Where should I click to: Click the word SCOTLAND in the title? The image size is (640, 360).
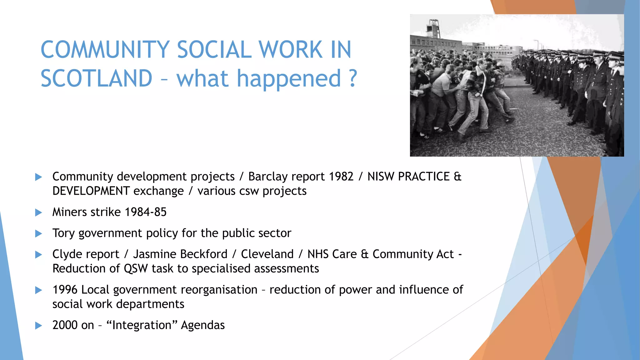(x=96, y=78)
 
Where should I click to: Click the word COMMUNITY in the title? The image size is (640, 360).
(x=105, y=50)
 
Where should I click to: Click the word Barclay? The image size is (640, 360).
(x=269, y=177)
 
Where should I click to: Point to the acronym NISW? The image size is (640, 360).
(x=381, y=177)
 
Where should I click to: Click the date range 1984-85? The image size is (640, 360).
(x=146, y=212)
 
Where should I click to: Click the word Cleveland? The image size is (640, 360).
(x=267, y=254)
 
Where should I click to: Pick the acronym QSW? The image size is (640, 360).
(x=136, y=269)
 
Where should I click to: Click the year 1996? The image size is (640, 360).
(x=65, y=290)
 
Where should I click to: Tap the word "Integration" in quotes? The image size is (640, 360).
(x=142, y=325)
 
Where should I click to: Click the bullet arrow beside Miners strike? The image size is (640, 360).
(x=38, y=213)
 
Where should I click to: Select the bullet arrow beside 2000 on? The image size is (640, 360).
(x=38, y=326)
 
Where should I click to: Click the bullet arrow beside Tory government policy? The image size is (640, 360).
(x=38, y=234)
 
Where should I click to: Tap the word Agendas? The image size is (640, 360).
(x=203, y=325)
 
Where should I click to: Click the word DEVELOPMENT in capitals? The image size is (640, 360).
(x=91, y=191)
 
